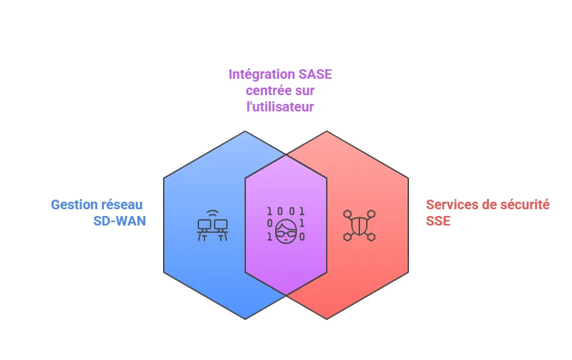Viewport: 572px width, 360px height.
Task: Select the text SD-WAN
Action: click(x=120, y=221)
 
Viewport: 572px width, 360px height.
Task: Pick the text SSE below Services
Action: click(x=438, y=221)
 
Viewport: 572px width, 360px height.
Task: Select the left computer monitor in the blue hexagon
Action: click(x=203, y=225)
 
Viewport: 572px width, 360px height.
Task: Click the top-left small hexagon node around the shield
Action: click(x=347, y=214)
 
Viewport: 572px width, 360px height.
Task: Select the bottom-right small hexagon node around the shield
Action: click(x=372, y=236)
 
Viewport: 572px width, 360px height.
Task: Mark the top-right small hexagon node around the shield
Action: click(x=372, y=214)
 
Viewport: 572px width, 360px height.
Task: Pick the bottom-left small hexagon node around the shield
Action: click(x=347, y=236)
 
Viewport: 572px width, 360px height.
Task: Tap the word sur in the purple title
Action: click(x=306, y=90)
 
